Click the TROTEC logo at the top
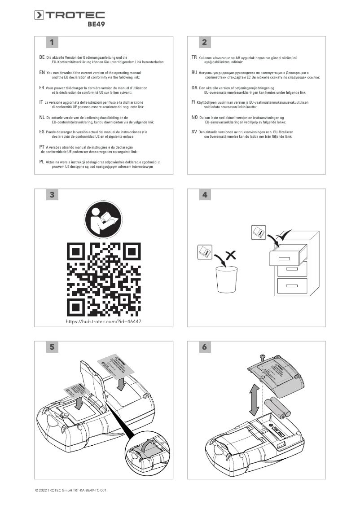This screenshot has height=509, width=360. (x=70, y=16)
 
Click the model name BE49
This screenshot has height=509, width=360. (x=96, y=26)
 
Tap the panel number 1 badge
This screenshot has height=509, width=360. (x=52, y=43)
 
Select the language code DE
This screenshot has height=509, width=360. (x=42, y=58)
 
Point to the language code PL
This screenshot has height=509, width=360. (x=42, y=161)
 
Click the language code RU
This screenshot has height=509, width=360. (x=194, y=72)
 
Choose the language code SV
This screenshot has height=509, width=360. (x=194, y=132)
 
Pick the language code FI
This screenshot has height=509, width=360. (x=193, y=102)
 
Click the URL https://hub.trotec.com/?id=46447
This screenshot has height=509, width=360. (x=104, y=322)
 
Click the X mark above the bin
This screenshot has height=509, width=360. (x=231, y=255)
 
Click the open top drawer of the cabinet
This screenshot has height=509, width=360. (x=288, y=259)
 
